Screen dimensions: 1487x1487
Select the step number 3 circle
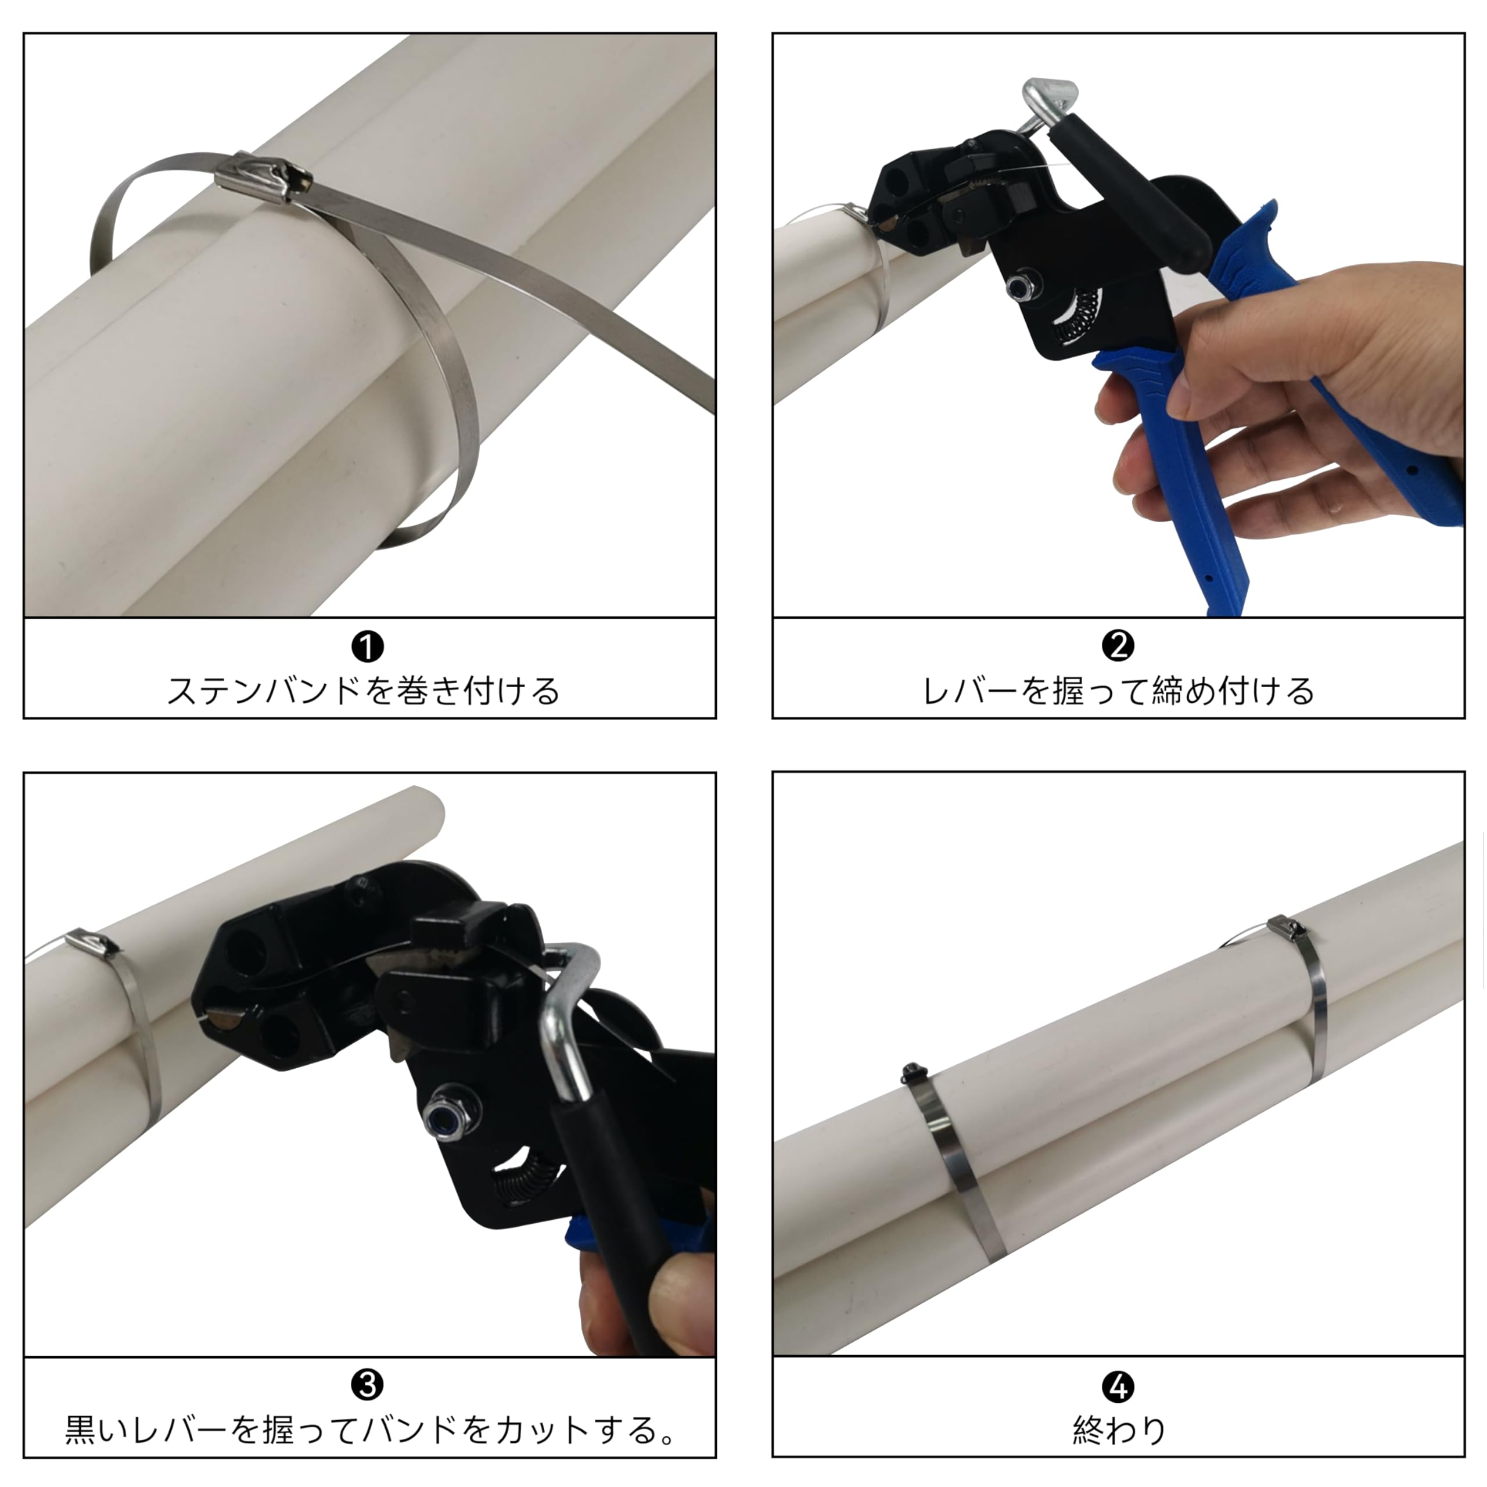point(367,1386)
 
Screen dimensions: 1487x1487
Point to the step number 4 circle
point(1118,1388)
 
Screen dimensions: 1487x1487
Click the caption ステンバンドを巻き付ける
point(363,691)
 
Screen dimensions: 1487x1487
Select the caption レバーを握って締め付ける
point(1118,691)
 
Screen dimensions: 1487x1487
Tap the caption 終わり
point(1118,1430)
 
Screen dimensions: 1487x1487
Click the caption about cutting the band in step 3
point(369,1429)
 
